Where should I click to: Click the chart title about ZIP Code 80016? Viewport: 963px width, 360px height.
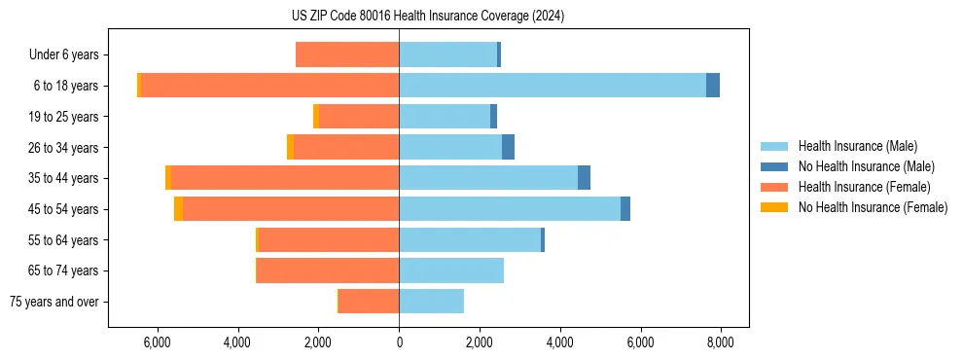point(427,17)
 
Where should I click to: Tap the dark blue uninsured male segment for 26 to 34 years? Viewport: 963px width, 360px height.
point(508,147)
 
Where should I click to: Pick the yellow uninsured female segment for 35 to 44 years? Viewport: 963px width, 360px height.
point(168,177)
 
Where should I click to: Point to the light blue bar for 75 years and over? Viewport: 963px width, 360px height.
point(431,301)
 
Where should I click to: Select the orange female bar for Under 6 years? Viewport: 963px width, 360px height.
point(347,54)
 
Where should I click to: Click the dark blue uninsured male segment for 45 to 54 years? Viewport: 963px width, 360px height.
point(625,208)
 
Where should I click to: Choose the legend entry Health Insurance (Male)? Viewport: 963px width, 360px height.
point(857,146)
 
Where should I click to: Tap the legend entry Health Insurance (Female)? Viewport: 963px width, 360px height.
point(865,187)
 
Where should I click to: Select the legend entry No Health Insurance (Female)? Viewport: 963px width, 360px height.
point(873,207)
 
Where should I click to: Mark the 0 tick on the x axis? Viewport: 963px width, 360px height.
point(399,342)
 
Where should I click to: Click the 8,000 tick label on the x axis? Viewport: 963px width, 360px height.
point(720,342)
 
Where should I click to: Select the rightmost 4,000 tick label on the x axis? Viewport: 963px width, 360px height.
point(559,342)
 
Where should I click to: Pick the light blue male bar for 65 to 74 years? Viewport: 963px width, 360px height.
point(451,270)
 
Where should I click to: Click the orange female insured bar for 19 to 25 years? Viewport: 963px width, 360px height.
point(359,116)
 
